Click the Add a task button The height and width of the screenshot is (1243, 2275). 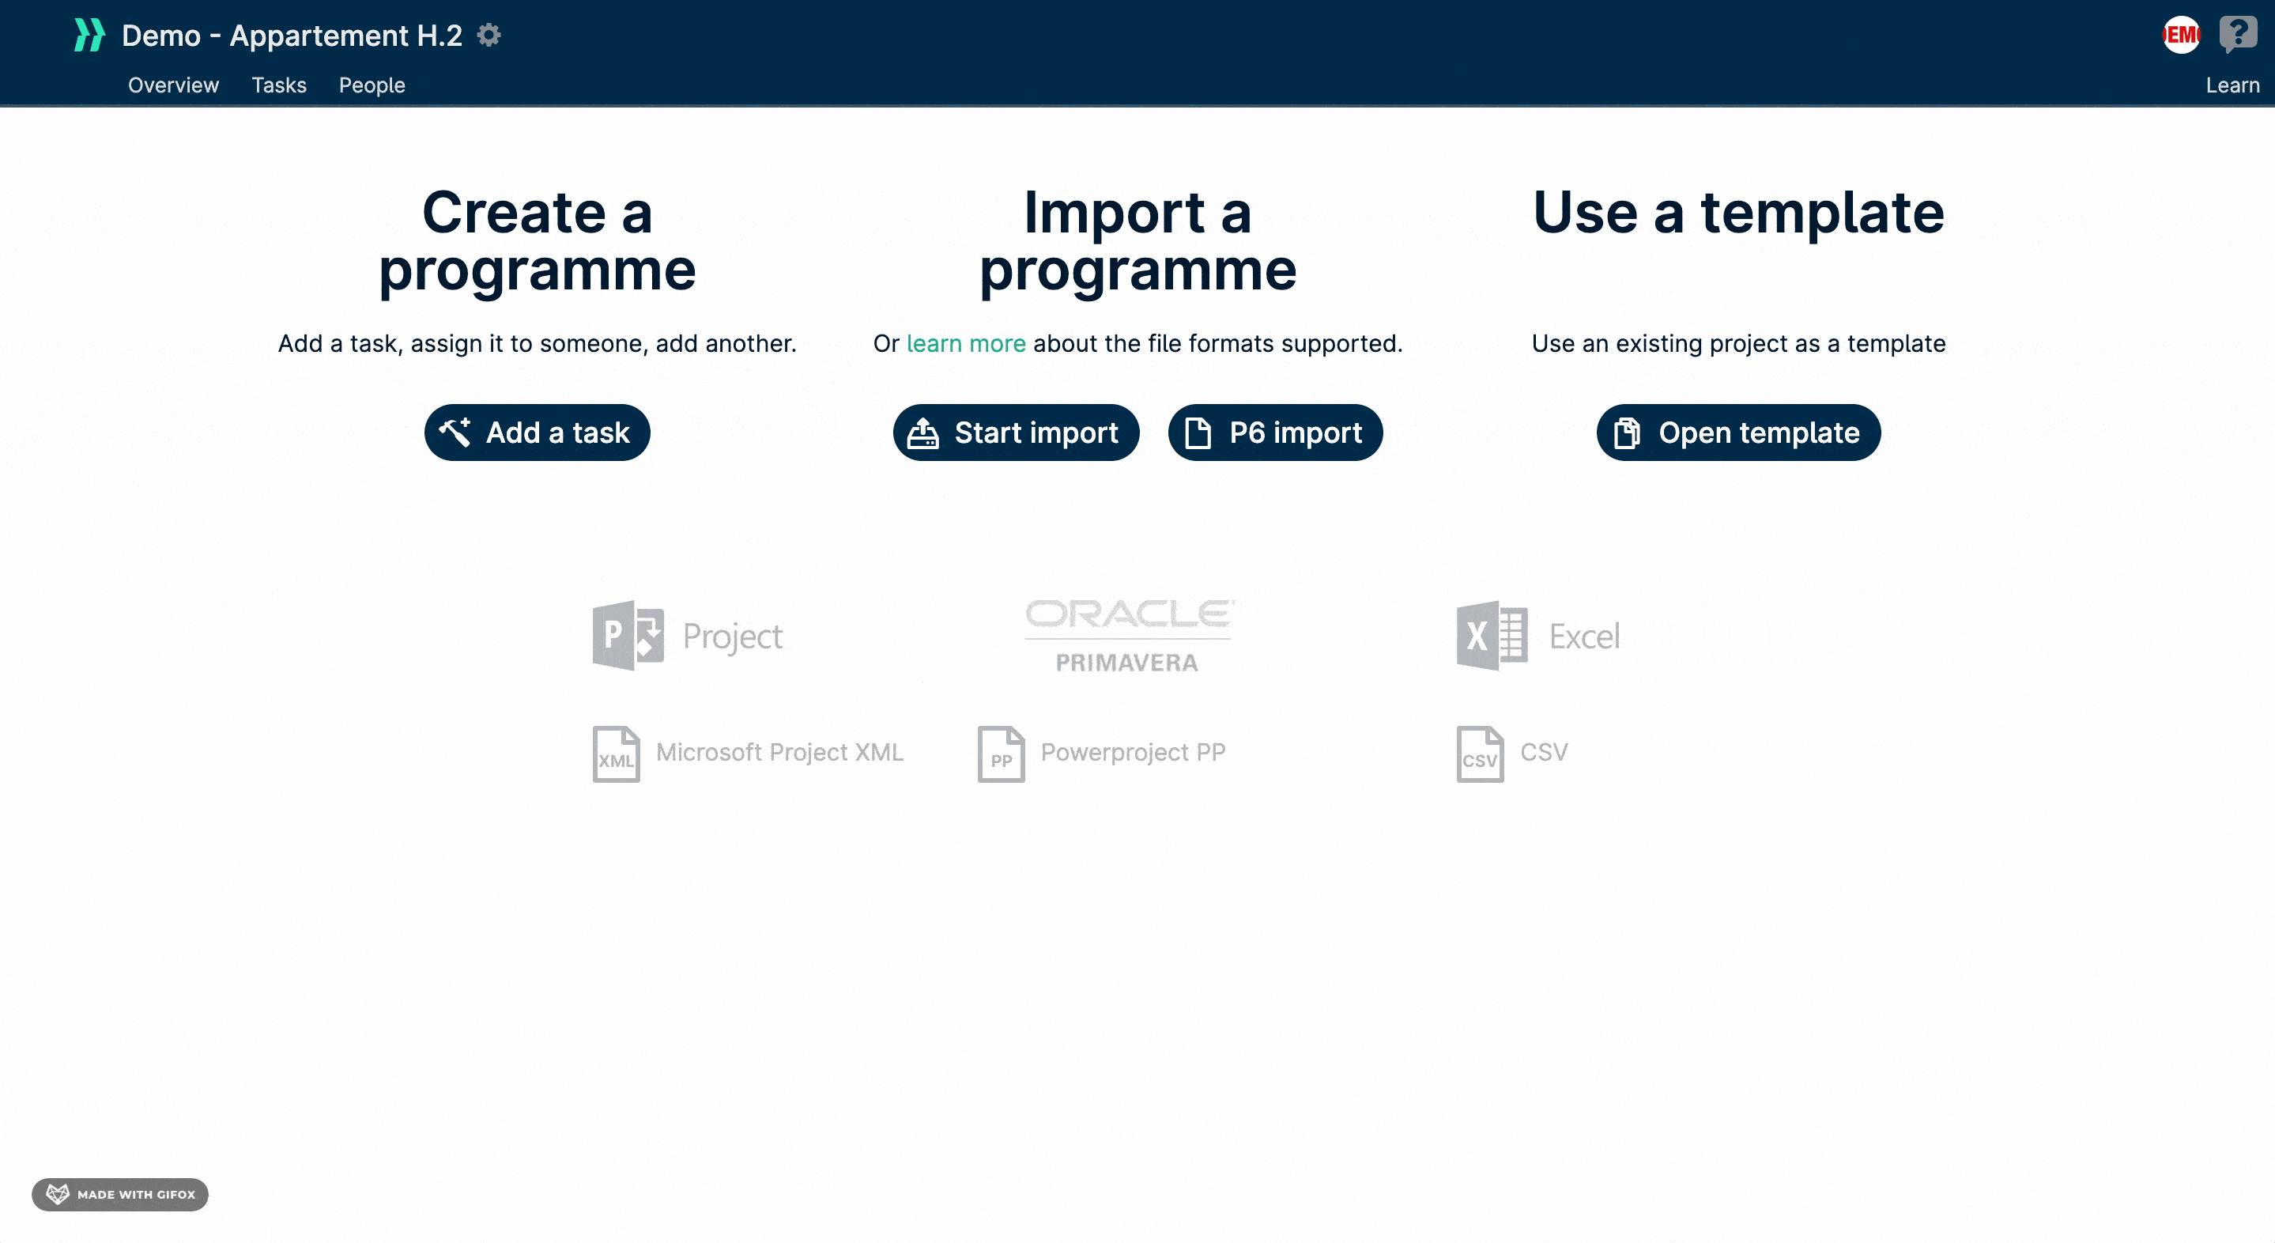[537, 432]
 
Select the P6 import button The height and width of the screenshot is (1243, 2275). [1275, 432]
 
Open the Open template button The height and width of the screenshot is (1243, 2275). [1738, 432]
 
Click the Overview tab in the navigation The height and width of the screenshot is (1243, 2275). [173, 85]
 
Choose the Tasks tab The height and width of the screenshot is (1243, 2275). [279, 85]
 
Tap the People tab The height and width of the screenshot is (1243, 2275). [372, 85]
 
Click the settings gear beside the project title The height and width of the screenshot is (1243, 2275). [489, 35]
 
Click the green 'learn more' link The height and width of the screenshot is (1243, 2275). [966, 343]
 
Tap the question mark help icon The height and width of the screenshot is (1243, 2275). [2238, 35]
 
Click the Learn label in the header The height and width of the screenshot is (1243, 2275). [2232, 85]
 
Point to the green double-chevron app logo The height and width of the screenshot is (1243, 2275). [89, 35]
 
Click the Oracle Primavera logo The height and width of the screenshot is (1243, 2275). [1129, 636]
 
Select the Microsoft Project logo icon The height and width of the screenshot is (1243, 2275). [628, 635]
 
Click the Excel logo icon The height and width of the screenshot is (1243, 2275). [1492, 635]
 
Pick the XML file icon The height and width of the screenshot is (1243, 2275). [617, 754]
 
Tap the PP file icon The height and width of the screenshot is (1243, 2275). [1002, 754]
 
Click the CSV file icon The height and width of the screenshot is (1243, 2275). [1480, 754]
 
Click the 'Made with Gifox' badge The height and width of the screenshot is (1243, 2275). [120, 1195]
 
